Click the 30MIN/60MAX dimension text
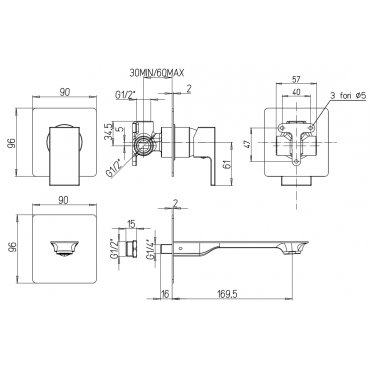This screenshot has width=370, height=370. click(x=156, y=73)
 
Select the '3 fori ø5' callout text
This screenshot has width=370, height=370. click(x=348, y=96)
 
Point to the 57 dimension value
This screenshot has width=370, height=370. click(x=296, y=79)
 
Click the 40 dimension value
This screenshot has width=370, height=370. click(x=296, y=92)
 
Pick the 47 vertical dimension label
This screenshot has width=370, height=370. click(x=248, y=145)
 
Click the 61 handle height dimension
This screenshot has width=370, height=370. click(x=227, y=164)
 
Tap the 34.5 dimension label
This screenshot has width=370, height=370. click(x=108, y=132)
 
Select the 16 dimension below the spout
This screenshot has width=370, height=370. click(x=165, y=293)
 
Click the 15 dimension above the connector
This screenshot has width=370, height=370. click(x=131, y=224)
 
